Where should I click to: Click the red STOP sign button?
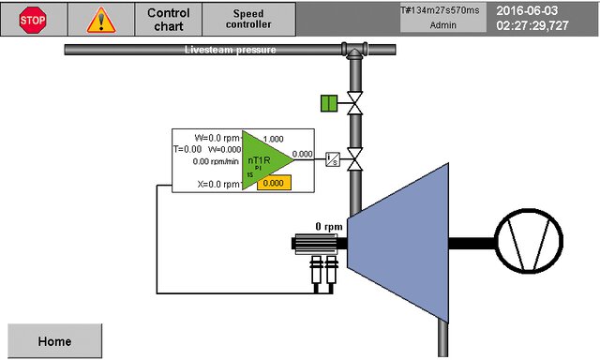click(x=33, y=19)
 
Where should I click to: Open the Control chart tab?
click(x=169, y=19)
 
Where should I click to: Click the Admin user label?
click(x=442, y=25)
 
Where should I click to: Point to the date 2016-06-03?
click(x=527, y=10)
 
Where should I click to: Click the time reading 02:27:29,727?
click(x=532, y=26)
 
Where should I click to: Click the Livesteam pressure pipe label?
click(x=230, y=50)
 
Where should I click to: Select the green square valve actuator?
click(x=328, y=103)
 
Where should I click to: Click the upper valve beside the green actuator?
click(x=355, y=103)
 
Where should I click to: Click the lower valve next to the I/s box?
click(x=355, y=159)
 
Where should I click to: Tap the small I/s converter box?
click(x=331, y=159)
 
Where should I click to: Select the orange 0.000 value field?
click(x=272, y=183)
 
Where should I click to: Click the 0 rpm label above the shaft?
click(x=330, y=227)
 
